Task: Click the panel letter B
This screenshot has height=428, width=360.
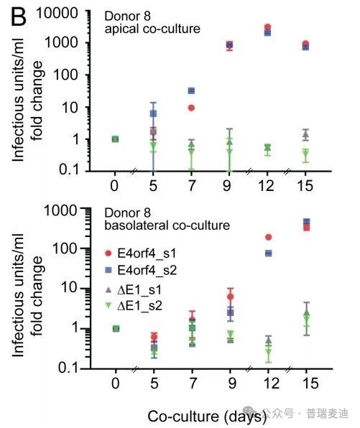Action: [19, 17]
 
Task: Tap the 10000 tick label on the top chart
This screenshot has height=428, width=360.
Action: [57, 13]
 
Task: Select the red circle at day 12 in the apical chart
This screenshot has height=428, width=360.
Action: [268, 27]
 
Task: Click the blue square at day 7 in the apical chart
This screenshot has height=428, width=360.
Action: [191, 90]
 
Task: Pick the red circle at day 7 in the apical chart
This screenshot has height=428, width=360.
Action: [191, 108]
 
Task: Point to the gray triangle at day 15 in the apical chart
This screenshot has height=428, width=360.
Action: [306, 134]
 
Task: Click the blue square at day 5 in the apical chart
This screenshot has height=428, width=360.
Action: [154, 114]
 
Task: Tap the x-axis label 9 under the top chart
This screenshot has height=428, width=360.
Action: [227, 185]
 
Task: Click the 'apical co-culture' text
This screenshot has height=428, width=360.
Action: [152, 29]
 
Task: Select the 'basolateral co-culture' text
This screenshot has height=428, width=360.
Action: [167, 225]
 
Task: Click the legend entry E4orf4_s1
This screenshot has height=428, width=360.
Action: [141, 253]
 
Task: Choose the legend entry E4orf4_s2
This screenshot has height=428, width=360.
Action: [141, 270]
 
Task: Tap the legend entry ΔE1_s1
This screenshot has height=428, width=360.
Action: [134, 289]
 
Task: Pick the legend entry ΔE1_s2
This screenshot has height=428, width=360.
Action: [134, 306]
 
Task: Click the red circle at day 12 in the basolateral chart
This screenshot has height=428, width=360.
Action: [269, 237]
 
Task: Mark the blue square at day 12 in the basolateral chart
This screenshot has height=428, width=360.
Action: [269, 253]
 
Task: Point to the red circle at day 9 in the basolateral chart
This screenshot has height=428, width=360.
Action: [231, 297]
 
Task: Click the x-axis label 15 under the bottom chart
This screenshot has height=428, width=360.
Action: [310, 383]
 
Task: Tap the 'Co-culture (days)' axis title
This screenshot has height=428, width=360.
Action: [207, 417]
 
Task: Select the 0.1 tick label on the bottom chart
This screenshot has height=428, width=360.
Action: [68, 368]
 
